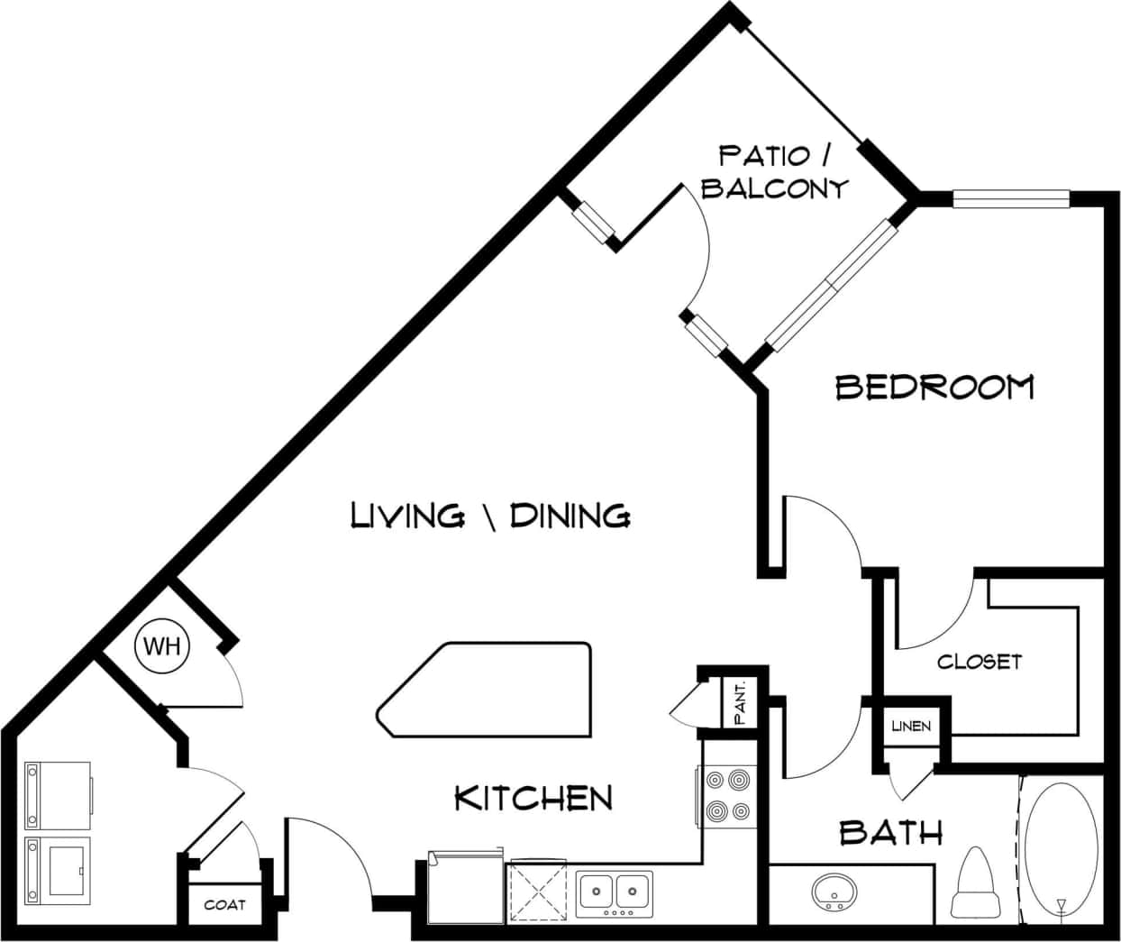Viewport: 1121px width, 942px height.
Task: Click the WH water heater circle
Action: point(163,646)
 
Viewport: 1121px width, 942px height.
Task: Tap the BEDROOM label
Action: point(934,388)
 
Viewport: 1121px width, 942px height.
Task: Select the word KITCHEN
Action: point(533,798)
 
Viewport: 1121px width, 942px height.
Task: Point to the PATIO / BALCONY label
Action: point(775,171)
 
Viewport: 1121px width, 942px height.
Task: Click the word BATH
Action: point(890,832)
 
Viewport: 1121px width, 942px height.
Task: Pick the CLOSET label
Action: point(980,662)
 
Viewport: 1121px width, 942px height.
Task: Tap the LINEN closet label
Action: point(911,726)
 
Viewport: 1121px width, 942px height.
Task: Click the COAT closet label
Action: point(224,904)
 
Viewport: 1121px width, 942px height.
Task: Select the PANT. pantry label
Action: point(740,703)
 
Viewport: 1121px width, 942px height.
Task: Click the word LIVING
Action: point(407,516)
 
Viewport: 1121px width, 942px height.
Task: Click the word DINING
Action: point(570,516)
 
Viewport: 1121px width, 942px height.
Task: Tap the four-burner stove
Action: point(727,795)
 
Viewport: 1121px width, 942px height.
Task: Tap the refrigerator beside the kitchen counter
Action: point(465,887)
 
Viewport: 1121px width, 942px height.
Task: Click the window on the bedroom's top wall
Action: point(1011,199)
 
